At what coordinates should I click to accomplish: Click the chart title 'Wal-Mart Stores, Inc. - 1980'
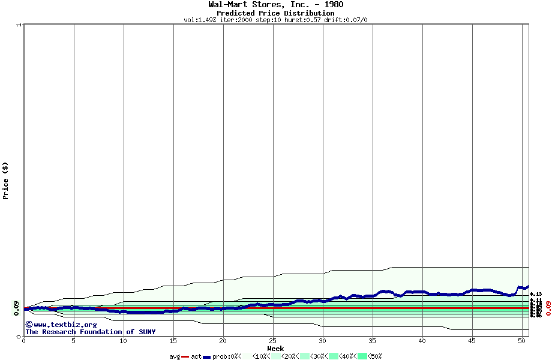click(x=275, y=5)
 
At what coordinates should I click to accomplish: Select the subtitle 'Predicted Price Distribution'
click(x=275, y=13)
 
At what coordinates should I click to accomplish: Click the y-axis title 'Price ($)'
click(x=5, y=181)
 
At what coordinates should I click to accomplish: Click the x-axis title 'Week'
click(x=275, y=349)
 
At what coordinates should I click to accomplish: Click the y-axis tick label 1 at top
click(x=19, y=25)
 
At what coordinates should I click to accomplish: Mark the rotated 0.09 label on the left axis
click(x=16, y=308)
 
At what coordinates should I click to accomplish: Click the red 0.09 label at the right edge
click(x=547, y=308)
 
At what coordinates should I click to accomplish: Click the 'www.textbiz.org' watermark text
click(x=61, y=325)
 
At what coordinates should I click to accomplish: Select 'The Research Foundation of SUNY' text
click(x=90, y=332)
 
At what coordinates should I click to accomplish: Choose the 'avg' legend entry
click(x=175, y=356)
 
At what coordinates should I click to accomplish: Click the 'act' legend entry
click(x=196, y=356)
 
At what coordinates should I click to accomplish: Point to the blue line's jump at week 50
click(x=518, y=289)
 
